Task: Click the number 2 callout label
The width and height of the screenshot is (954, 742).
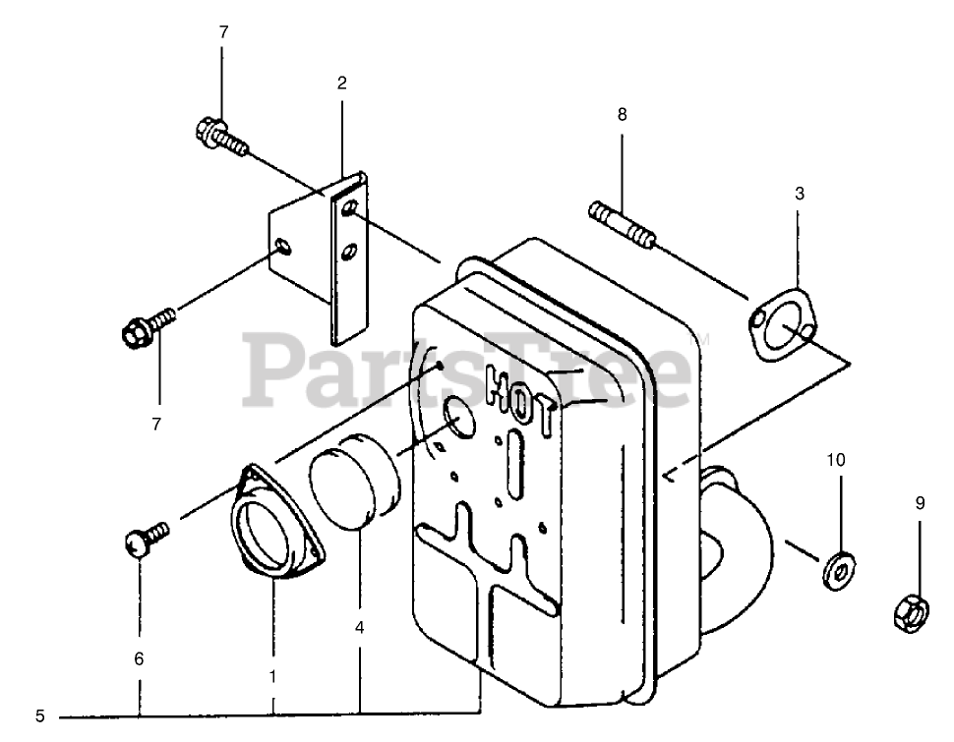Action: (x=341, y=84)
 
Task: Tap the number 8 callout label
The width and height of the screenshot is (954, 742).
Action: (x=622, y=115)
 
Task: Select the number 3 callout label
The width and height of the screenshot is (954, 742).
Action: (x=800, y=195)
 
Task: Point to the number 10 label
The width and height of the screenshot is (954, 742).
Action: (x=835, y=459)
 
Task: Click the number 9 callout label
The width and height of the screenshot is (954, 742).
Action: (x=921, y=503)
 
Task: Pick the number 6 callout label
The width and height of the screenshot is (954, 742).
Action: (x=139, y=659)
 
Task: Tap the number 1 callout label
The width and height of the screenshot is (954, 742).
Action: (x=272, y=676)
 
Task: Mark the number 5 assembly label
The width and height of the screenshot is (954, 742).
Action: (x=40, y=716)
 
